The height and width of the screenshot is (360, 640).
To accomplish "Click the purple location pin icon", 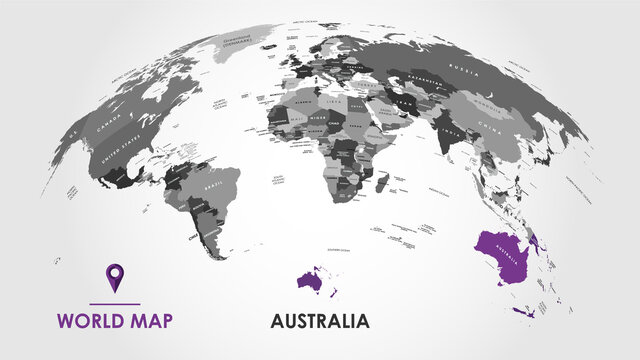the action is point(115,277).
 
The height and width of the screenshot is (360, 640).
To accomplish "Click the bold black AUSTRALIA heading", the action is point(320,322).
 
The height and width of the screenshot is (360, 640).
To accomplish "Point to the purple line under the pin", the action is point(115,303).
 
